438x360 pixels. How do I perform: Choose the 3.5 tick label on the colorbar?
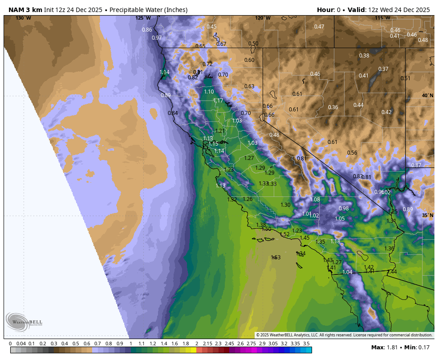point(306,344)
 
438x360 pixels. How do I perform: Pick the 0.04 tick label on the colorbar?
point(21,344)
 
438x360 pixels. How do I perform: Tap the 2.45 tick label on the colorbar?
point(229,344)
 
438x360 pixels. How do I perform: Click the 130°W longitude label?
point(24,18)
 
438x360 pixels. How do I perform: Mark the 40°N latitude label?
point(427,95)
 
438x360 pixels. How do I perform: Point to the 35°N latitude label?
point(427,215)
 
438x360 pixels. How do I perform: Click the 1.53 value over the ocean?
point(276,258)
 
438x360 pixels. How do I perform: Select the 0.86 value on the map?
point(147,30)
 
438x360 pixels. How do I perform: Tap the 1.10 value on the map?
point(209,91)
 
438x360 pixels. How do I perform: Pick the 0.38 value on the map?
point(364,55)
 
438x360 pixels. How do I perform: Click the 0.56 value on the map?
point(352,152)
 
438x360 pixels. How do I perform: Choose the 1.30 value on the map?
point(285,205)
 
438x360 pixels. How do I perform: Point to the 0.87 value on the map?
point(416,165)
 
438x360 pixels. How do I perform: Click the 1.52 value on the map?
point(284,234)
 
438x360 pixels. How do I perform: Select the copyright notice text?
point(344,335)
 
